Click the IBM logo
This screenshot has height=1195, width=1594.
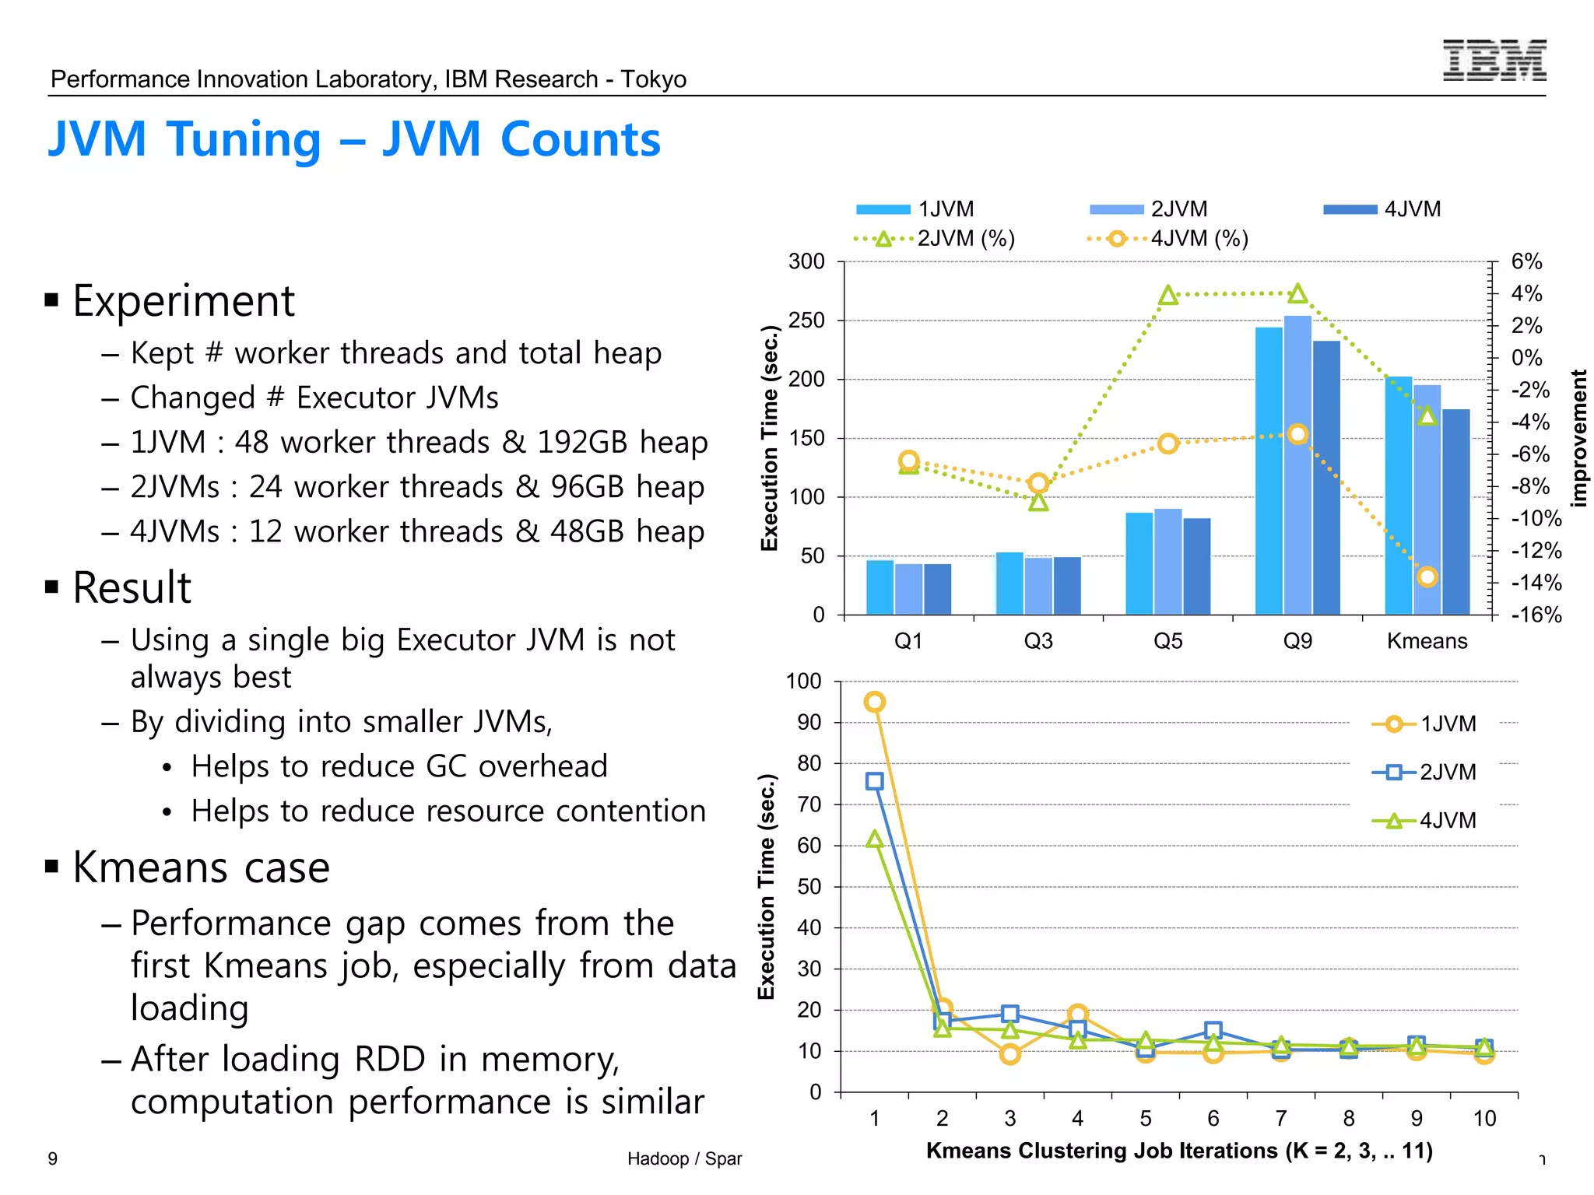pyautogui.click(x=1494, y=60)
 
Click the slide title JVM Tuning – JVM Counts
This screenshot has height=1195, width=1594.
pyautogui.click(x=354, y=140)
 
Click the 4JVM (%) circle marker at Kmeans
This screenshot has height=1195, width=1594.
pyautogui.click(x=1427, y=576)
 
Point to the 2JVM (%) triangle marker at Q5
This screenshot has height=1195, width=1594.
pyautogui.click(x=1167, y=296)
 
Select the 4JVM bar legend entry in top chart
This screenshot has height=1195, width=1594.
pyautogui.click(x=1382, y=209)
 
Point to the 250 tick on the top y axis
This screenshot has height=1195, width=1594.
pyautogui.click(x=806, y=321)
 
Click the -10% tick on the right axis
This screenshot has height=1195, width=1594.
pyautogui.click(x=1536, y=519)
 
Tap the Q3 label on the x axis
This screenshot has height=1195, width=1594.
pyautogui.click(x=1038, y=641)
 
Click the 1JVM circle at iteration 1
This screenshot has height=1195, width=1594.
pyautogui.click(x=874, y=702)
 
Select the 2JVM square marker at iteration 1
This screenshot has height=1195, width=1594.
pyautogui.click(x=874, y=781)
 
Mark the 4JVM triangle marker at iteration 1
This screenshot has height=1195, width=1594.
pyautogui.click(x=874, y=839)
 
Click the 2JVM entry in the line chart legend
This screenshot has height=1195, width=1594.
pyautogui.click(x=1424, y=772)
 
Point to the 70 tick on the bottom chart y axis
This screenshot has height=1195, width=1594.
pyautogui.click(x=809, y=804)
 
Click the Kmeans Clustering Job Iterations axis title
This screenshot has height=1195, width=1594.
pyautogui.click(x=1178, y=1151)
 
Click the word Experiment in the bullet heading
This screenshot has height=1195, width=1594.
pyautogui.click(x=184, y=301)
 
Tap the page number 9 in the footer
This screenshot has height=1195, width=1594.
pyautogui.click(x=52, y=1158)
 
